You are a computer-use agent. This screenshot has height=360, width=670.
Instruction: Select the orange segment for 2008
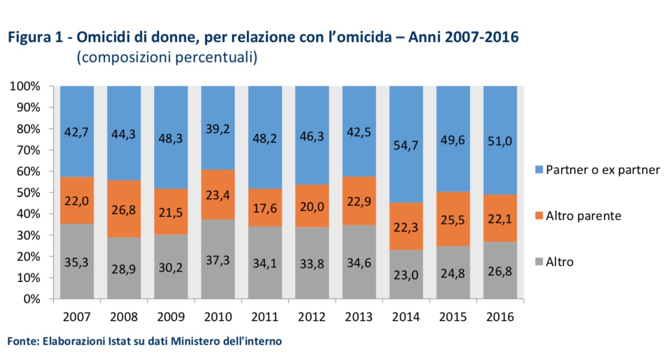[124, 209]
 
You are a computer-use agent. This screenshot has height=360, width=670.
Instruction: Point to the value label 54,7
[406, 146]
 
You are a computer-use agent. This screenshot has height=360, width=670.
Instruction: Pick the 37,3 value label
[218, 259]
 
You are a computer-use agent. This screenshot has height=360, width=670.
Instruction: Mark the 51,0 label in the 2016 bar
[500, 141]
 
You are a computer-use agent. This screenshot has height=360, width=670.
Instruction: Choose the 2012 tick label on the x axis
[312, 317]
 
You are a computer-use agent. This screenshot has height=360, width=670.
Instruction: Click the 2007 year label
[77, 317]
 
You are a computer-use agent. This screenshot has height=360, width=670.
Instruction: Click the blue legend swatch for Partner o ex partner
[538, 170]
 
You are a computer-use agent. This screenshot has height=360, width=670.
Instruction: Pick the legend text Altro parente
[583, 216]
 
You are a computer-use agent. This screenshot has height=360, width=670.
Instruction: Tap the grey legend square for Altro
[538, 262]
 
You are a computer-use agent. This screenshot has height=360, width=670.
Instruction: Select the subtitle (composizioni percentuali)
[167, 58]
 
